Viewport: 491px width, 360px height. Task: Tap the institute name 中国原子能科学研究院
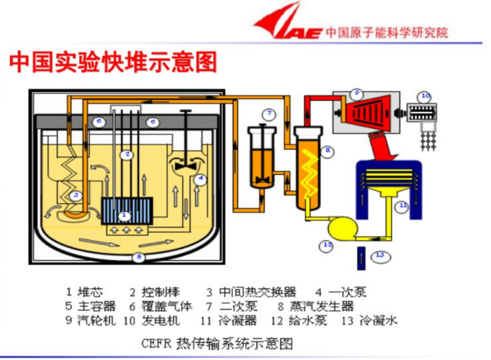(387, 33)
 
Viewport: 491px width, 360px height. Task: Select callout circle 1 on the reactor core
(125, 214)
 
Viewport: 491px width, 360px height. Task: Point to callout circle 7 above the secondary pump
(269, 114)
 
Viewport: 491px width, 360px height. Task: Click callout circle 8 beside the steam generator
(327, 150)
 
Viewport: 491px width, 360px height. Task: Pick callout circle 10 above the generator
(424, 96)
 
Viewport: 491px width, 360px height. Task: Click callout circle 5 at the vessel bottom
(139, 256)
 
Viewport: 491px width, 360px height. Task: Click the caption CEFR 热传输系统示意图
(218, 344)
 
